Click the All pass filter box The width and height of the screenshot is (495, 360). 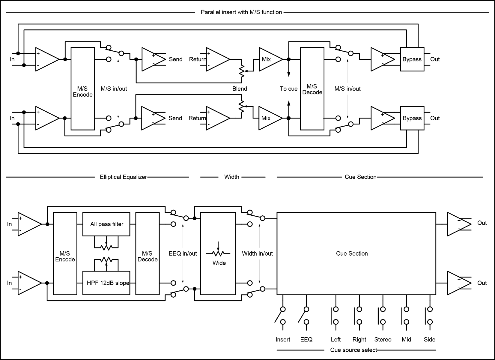tap(106, 224)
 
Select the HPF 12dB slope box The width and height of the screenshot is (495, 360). tap(106, 283)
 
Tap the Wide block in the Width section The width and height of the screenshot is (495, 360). tap(218, 253)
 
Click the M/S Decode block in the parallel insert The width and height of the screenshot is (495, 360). tap(312, 89)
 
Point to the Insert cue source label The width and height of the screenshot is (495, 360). tap(283, 340)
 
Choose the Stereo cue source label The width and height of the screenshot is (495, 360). tap(383, 340)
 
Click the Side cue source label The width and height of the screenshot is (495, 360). tap(430, 340)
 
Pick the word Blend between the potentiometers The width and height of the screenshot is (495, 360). tap(240, 89)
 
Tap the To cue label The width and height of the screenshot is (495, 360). tap(288, 89)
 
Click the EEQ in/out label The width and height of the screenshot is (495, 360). tap(183, 253)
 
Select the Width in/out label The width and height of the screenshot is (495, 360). tap(257, 253)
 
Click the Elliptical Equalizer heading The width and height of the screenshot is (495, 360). tap(123, 177)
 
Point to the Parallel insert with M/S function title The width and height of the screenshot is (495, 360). tap(241, 12)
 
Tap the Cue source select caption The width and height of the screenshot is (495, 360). tap(353, 350)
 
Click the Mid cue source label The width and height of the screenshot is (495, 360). tap(406, 340)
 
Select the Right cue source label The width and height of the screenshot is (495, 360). tap(359, 340)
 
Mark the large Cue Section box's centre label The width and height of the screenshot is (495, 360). tap(352, 253)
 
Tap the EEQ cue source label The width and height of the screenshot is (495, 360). tap(306, 340)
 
